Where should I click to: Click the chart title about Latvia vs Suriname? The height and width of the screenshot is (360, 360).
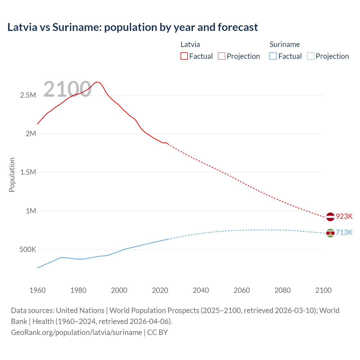(132, 27)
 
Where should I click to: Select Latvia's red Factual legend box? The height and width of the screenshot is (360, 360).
(184, 56)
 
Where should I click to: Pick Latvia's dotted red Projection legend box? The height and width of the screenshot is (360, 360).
(222, 56)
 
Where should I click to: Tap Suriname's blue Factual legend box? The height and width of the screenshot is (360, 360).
(273, 56)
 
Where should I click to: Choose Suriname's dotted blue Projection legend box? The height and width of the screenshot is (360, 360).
(310, 56)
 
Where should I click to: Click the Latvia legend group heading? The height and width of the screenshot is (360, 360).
(190, 44)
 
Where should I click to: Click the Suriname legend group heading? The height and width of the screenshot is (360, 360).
(285, 44)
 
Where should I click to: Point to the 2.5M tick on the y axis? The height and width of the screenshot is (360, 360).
(28, 95)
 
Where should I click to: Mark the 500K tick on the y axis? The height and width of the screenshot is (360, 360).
(28, 249)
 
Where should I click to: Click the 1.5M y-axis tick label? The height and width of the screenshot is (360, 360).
(28, 172)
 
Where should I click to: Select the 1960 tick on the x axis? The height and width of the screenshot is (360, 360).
(37, 290)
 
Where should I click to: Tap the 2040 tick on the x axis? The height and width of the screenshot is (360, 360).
(201, 290)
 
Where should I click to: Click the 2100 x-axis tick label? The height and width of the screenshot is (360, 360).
(323, 290)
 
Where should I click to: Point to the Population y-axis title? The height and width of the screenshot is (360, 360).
(12, 175)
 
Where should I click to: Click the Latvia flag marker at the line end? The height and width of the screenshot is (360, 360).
(330, 217)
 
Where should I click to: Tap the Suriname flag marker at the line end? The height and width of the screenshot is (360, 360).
(330, 233)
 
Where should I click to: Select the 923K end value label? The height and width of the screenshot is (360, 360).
(344, 216)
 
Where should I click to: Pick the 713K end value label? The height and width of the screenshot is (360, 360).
(344, 232)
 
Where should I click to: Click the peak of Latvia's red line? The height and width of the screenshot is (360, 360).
(96, 82)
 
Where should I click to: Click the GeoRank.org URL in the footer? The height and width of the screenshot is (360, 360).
(76, 332)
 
